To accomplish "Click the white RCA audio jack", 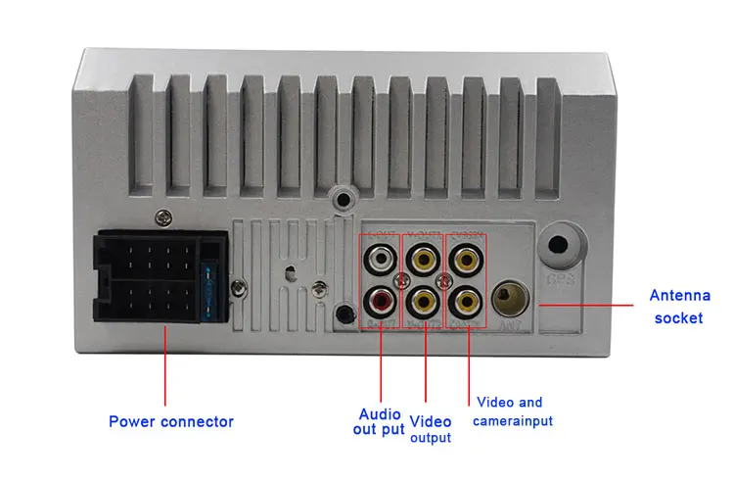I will tap(381, 260).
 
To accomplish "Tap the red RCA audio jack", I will tap(381, 298).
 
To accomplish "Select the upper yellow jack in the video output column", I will tap(424, 260).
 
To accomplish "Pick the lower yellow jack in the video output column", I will tap(424, 298).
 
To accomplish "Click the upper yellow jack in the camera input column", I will tap(464, 260).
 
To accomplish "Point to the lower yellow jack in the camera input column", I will tap(464, 298).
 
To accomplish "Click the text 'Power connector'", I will tap(171, 422).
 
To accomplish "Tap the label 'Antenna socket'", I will tap(678, 306).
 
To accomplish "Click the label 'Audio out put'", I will tap(380, 421).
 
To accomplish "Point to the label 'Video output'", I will tap(431, 429).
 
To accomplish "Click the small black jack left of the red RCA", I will tap(344, 314).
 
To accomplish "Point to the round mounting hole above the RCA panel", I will tap(342, 200).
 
